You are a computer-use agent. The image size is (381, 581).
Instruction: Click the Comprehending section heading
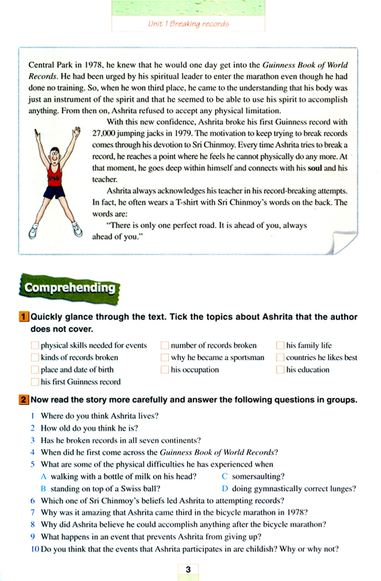click(x=70, y=288)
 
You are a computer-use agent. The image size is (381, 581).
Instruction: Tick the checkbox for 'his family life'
click(x=280, y=345)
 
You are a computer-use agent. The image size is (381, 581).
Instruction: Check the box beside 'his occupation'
click(x=165, y=370)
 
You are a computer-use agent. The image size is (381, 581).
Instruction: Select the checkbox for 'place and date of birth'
click(x=35, y=370)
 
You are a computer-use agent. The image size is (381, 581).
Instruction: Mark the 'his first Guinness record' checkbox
click(x=35, y=382)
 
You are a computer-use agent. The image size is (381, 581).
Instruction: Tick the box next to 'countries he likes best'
click(x=280, y=357)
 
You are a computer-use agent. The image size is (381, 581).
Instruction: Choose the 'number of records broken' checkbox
click(x=165, y=345)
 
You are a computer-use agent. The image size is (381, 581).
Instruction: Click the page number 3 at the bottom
click(x=188, y=569)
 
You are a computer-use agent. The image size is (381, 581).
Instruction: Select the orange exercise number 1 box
click(x=24, y=317)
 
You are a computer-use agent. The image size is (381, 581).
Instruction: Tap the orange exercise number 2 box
click(x=24, y=400)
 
